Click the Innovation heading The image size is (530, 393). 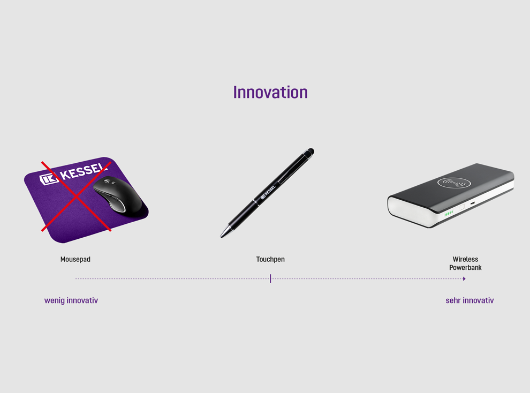click(270, 92)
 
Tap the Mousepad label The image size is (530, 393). click(75, 259)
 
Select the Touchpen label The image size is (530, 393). click(270, 259)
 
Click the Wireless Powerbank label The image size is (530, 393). click(465, 263)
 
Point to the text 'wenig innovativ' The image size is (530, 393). click(71, 300)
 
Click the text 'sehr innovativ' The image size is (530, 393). click(470, 300)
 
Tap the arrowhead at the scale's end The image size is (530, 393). click(465, 279)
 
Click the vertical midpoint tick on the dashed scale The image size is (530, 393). click(270, 279)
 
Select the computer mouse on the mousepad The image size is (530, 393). click(118, 195)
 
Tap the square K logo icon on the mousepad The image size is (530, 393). click(49, 179)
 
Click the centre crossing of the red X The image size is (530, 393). click(77, 196)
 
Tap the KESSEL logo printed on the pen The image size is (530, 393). click(268, 192)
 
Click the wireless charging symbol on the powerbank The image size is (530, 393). click(454, 183)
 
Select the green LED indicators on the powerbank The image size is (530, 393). click(449, 213)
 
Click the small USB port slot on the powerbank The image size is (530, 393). click(473, 203)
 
